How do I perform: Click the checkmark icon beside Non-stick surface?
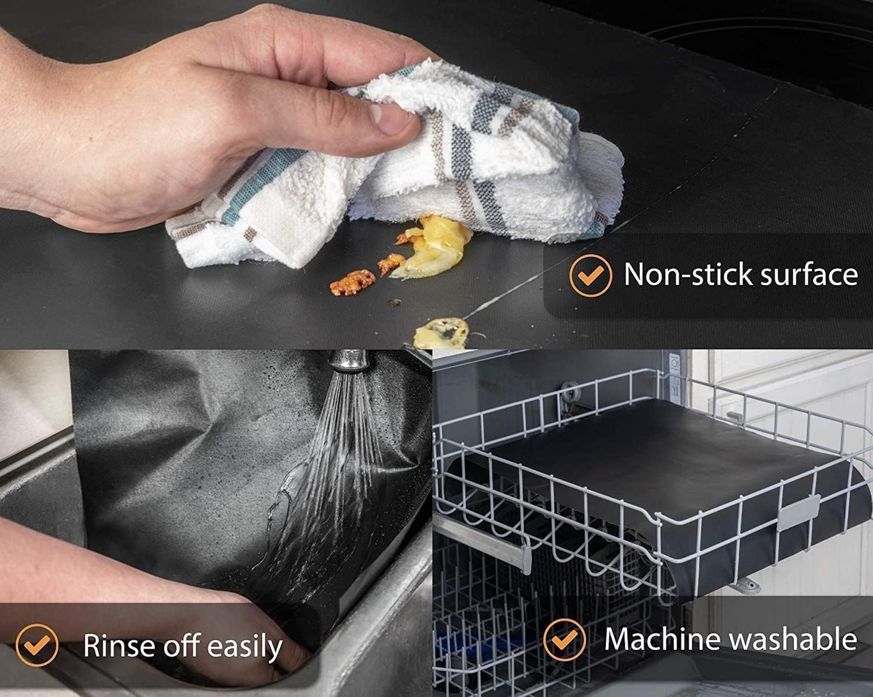pyautogui.click(x=590, y=276)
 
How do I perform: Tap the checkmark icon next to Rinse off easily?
pyautogui.click(x=37, y=645)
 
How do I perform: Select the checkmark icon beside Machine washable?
pyautogui.click(x=565, y=640)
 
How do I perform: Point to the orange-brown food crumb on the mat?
pyautogui.click(x=352, y=283)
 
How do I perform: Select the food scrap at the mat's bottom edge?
pyautogui.click(x=441, y=332)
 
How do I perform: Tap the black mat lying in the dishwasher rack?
pyautogui.click(x=652, y=459)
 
